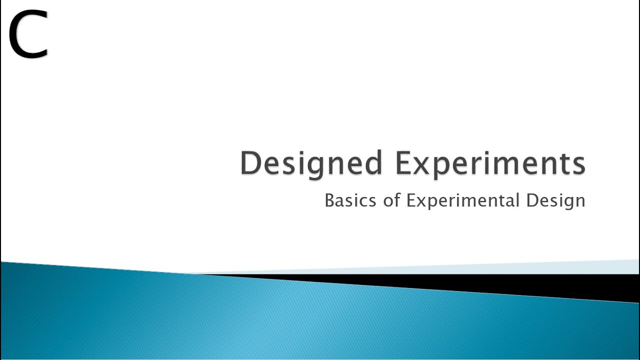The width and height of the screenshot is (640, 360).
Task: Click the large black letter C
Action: tap(28, 35)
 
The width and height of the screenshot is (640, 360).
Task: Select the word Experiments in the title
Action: tap(490, 163)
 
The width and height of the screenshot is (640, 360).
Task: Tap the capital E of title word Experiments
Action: tap(403, 163)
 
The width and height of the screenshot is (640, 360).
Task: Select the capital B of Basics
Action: tap(329, 200)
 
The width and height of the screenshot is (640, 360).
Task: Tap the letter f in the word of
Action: tap(398, 200)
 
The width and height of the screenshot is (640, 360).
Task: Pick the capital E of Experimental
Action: tap(411, 200)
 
